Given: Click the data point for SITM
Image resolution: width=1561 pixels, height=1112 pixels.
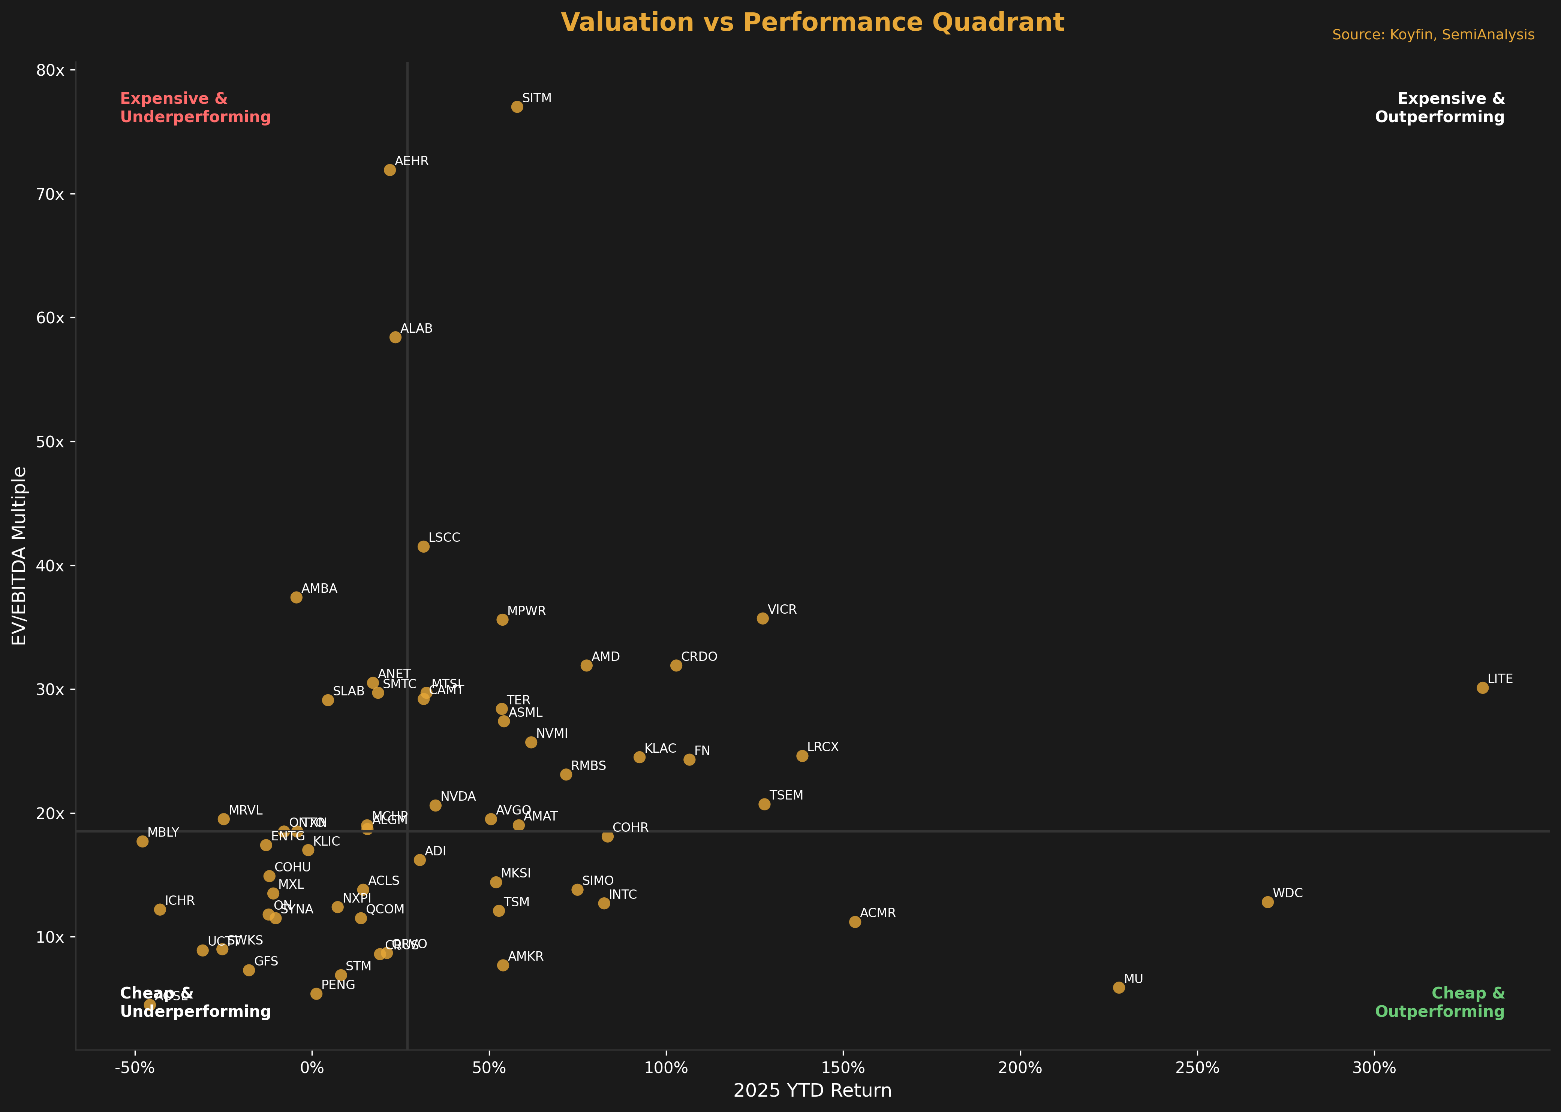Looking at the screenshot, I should click(x=517, y=107).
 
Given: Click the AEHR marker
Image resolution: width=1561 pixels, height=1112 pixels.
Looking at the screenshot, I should click(x=390, y=170).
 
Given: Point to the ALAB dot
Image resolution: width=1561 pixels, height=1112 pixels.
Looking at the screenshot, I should click(x=395, y=337).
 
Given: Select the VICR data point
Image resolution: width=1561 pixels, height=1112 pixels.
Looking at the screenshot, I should click(x=763, y=618).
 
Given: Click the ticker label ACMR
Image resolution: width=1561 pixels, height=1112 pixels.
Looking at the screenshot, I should click(x=878, y=913).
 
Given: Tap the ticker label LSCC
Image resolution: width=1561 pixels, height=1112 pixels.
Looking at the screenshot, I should click(x=445, y=538).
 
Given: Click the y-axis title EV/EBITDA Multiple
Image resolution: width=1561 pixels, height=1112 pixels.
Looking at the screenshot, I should click(x=19, y=556).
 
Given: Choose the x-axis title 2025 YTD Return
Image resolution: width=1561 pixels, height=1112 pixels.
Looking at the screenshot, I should click(x=812, y=1091).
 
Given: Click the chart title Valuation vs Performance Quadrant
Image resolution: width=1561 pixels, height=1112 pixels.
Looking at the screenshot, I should click(x=812, y=22).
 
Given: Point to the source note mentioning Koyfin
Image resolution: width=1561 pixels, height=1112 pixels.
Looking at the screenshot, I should click(x=1433, y=35).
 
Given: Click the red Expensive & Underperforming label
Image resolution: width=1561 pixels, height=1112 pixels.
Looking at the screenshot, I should click(x=195, y=108).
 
